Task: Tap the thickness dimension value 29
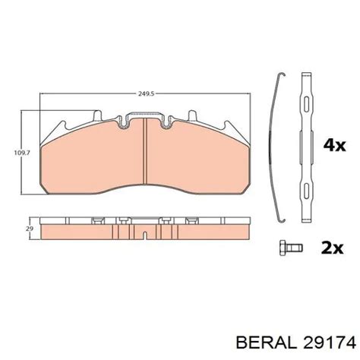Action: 28,228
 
